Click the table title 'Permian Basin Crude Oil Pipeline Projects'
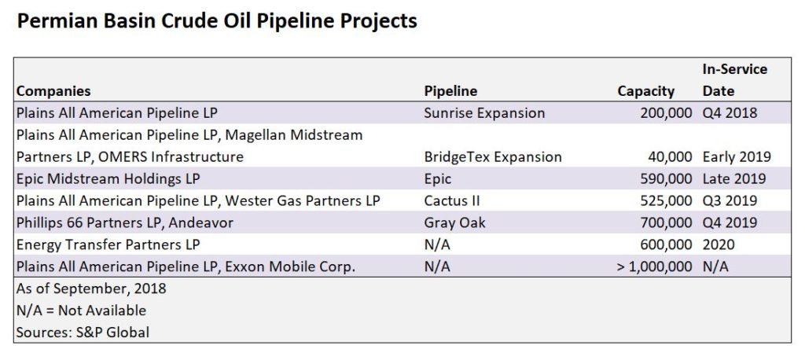217,21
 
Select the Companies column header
53,91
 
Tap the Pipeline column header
450,91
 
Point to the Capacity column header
645,91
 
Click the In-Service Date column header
735,80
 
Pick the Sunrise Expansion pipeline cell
484,112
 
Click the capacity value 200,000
666,112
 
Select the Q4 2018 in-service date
730,112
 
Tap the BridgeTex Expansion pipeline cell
493,156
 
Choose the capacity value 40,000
670,156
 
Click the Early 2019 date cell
737,156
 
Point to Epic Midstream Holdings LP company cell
108,178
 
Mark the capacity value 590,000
666,178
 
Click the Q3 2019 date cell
730,200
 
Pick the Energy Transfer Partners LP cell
108,245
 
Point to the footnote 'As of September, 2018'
91,288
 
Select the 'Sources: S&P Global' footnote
83,332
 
